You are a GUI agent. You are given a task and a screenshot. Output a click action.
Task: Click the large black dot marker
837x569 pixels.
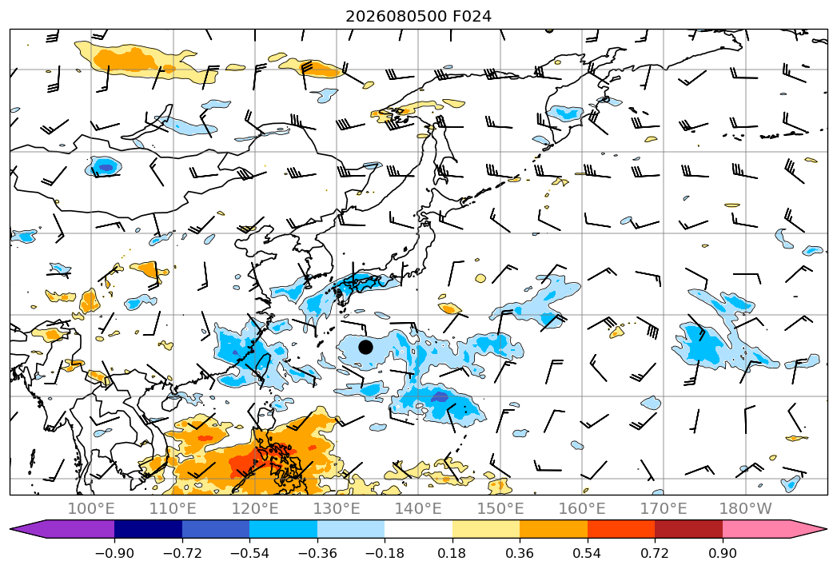tap(365, 347)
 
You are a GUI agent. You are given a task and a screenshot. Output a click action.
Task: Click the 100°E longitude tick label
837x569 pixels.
tap(91, 508)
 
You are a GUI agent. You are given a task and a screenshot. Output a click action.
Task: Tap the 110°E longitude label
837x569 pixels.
tap(173, 508)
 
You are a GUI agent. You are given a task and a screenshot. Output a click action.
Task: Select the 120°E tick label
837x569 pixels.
tap(255, 508)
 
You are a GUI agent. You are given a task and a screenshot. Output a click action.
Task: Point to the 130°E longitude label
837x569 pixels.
tap(337, 508)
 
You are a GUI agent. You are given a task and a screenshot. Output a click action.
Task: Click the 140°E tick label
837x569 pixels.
tap(418, 508)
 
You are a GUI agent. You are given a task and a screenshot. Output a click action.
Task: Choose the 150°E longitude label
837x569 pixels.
tap(500, 508)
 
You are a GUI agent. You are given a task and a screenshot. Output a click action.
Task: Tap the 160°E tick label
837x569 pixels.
tap(582, 508)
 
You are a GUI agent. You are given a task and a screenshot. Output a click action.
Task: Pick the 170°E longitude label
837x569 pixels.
tap(664, 508)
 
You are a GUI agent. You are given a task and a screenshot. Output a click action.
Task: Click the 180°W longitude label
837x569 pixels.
tap(746, 508)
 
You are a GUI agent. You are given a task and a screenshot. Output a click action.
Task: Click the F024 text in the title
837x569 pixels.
tap(472, 17)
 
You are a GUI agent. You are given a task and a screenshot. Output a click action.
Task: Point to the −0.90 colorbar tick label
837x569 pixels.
tap(114, 553)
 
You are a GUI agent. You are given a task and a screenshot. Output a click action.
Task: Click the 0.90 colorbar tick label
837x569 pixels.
tap(722, 553)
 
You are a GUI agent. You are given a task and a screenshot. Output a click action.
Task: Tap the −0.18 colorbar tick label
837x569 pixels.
tap(385, 553)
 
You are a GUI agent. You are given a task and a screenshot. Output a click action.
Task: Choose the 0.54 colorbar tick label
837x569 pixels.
tap(588, 553)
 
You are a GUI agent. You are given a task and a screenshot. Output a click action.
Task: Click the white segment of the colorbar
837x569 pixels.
tap(419, 529)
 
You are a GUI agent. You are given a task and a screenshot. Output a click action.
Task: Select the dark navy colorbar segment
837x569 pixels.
tap(148, 529)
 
